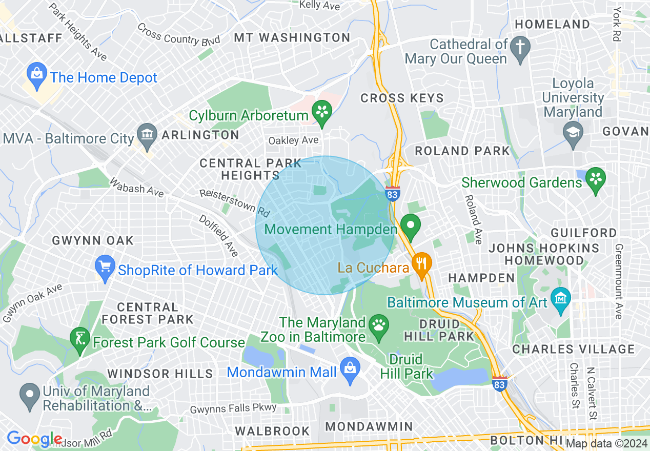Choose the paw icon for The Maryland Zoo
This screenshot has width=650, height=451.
(x=379, y=326)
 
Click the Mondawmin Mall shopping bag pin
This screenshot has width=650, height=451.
(x=351, y=370)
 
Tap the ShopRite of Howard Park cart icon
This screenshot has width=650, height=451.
(x=106, y=267)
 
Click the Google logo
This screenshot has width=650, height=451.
(x=34, y=439)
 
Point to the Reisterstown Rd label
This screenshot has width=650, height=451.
(x=235, y=202)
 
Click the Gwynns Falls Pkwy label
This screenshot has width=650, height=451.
(x=233, y=408)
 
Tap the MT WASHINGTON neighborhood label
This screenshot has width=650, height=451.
(x=292, y=38)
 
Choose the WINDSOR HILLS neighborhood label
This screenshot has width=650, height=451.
(x=160, y=373)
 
